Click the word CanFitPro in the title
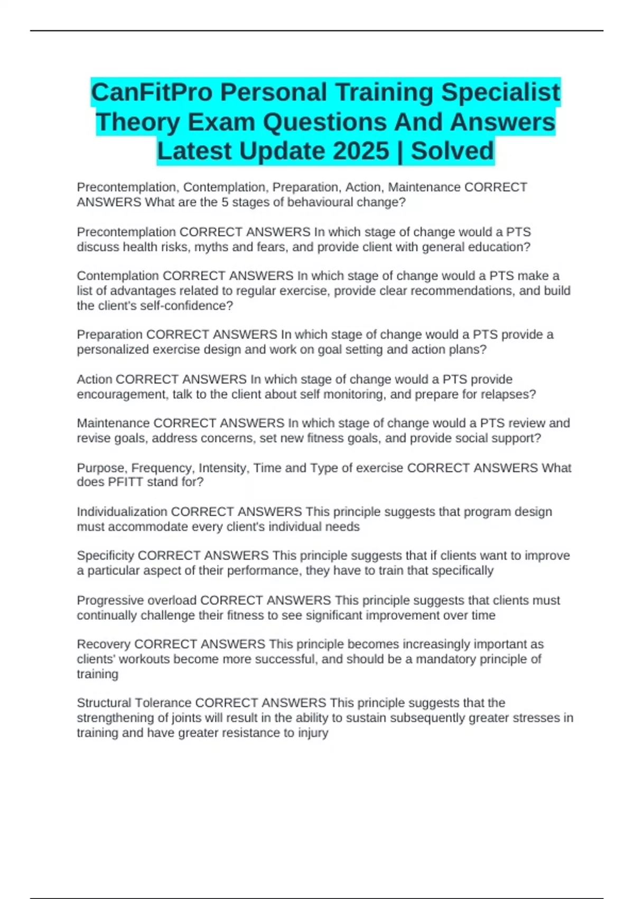[x=152, y=93]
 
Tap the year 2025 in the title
[x=361, y=151]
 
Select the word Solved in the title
[x=452, y=151]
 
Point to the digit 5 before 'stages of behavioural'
[x=225, y=203]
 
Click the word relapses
[x=508, y=395]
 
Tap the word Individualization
[x=122, y=512]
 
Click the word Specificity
[x=105, y=556]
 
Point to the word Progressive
[x=110, y=601]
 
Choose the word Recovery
[x=104, y=645]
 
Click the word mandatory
[x=444, y=659]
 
